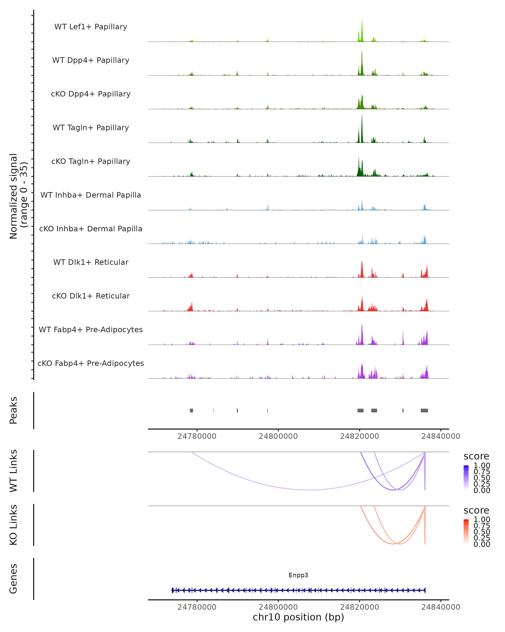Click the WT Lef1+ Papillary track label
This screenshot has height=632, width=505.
(91, 27)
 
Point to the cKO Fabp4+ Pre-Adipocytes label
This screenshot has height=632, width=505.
(91, 363)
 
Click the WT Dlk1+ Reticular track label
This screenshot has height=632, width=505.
(91, 262)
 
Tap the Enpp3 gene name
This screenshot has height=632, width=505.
(298, 575)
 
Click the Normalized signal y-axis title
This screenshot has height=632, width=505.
(18, 196)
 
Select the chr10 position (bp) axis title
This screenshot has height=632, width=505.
(298, 617)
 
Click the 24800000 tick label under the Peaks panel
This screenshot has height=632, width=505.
(278, 436)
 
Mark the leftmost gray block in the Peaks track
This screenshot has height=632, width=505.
(191, 410)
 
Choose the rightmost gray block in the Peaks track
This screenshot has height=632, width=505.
(424, 410)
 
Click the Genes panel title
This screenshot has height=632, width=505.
(13, 579)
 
